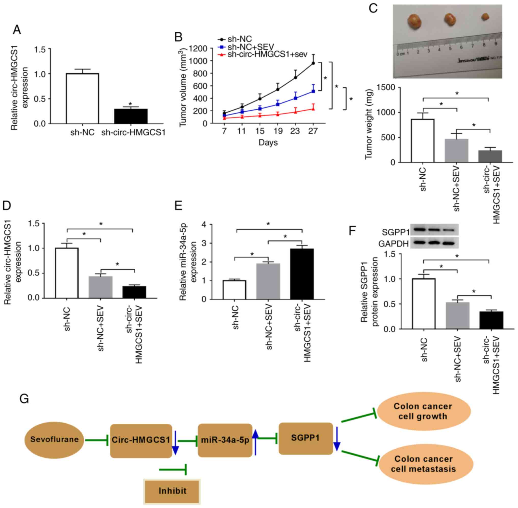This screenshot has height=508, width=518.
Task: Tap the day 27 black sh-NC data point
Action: click(313, 63)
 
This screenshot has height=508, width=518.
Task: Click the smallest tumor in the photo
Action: click(485, 17)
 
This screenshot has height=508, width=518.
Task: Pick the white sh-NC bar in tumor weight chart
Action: click(422, 141)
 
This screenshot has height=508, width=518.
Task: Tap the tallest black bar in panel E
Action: click(302, 274)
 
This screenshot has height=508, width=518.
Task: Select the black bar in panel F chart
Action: click(491, 320)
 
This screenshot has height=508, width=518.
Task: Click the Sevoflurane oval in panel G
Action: click(55, 439)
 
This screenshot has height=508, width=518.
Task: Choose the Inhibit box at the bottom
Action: click(172, 491)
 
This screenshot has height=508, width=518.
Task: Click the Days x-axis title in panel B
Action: click(268, 142)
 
